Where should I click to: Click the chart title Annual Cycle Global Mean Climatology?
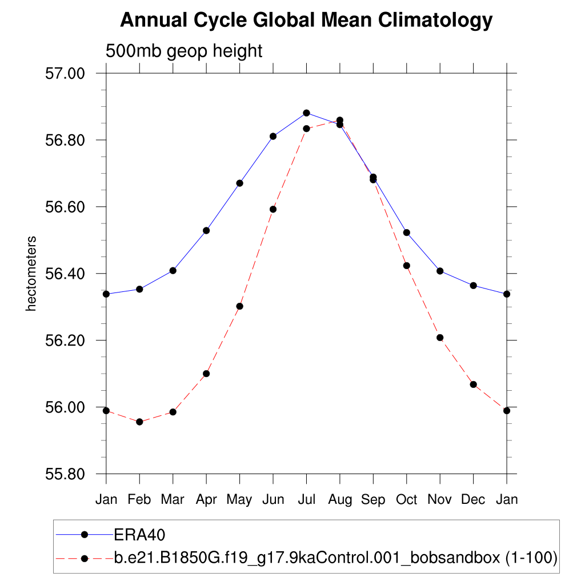tap(306, 21)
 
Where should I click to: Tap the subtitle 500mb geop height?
tap(184, 51)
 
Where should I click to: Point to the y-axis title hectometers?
tap(31, 274)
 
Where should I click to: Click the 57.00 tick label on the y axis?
tap(64, 74)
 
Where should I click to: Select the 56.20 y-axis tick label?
tap(64, 340)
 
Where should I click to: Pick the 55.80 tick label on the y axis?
tap(64, 474)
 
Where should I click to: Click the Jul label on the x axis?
tap(307, 500)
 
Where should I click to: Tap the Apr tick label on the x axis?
tap(206, 500)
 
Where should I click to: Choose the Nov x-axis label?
tap(440, 500)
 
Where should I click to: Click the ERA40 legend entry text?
tap(140, 535)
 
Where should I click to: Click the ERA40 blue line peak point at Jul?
tap(307, 113)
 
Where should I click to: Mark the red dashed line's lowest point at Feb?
tap(139, 422)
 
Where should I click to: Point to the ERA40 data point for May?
tap(240, 183)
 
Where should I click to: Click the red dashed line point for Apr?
tap(206, 374)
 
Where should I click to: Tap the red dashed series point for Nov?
tap(440, 338)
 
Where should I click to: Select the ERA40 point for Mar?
tap(173, 270)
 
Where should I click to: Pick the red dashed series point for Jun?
tap(273, 209)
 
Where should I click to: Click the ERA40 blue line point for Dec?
tap(473, 285)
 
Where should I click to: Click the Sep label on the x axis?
tap(373, 500)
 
